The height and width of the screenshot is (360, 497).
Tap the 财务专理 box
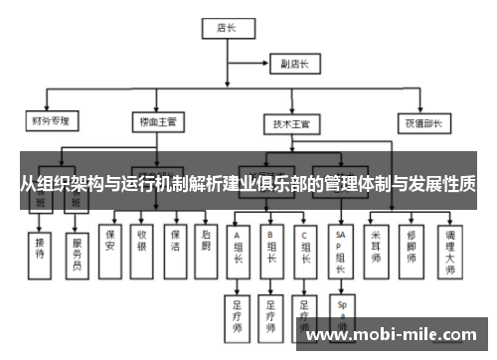[54, 122]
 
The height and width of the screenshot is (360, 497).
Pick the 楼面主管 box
[159, 122]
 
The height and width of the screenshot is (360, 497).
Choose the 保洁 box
[174, 243]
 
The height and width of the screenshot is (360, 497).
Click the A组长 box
[239, 250]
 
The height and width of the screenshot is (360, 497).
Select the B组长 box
[270, 250]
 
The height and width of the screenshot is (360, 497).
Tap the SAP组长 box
[341, 250]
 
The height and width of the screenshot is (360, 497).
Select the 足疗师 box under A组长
[239, 312]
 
